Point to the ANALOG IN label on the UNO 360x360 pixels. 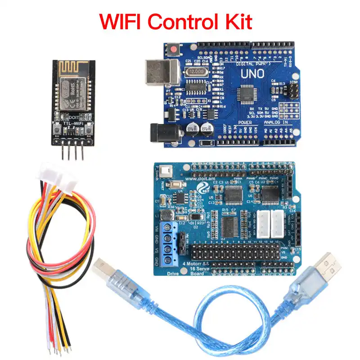pos(275,122)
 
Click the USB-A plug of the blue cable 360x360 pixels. pos(325,265)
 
